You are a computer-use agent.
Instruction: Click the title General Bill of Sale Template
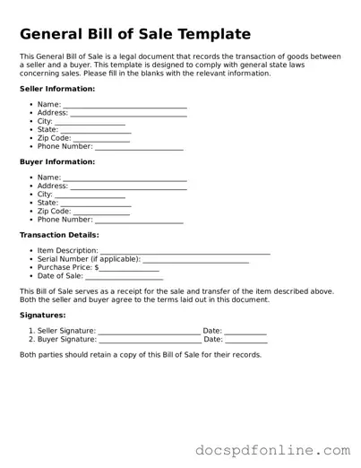tap(134, 34)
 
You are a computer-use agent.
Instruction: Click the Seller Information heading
tap(57, 89)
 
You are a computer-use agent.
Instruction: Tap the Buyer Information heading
tap(57, 161)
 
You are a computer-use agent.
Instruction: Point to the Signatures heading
tap(43, 315)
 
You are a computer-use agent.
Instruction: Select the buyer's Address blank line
tap(128, 187)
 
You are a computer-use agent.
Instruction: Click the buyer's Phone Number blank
tap(139, 221)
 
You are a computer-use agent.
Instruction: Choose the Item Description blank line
tap(185, 252)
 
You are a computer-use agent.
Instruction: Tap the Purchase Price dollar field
tap(129, 269)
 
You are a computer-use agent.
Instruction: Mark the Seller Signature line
tap(149, 333)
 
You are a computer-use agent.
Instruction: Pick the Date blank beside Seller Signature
tap(245, 333)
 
